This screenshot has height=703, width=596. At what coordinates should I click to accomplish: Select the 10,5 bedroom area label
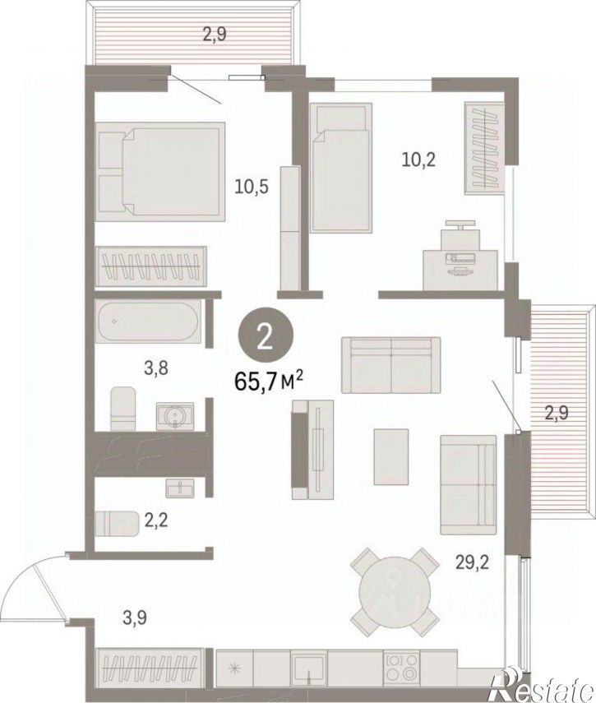(x=252, y=187)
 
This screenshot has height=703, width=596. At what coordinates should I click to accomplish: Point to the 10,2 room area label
(x=418, y=160)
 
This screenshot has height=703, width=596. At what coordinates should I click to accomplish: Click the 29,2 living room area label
(x=473, y=562)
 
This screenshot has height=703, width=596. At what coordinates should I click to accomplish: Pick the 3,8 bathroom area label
(x=156, y=368)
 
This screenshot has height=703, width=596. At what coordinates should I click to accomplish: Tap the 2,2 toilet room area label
(x=156, y=521)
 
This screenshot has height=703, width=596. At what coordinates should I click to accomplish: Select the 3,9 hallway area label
(x=135, y=618)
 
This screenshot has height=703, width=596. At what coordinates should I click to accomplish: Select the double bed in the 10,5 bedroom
(x=160, y=172)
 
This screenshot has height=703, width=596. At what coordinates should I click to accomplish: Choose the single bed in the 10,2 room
(x=341, y=168)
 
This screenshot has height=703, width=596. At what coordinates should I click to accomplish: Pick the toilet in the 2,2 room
(x=118, y=523)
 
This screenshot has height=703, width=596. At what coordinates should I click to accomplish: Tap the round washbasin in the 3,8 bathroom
(x=175, y=417)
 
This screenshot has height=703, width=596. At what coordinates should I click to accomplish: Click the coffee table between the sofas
(x=391, y=456)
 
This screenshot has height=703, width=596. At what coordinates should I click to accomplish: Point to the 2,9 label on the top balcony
(x=214, y=35)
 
